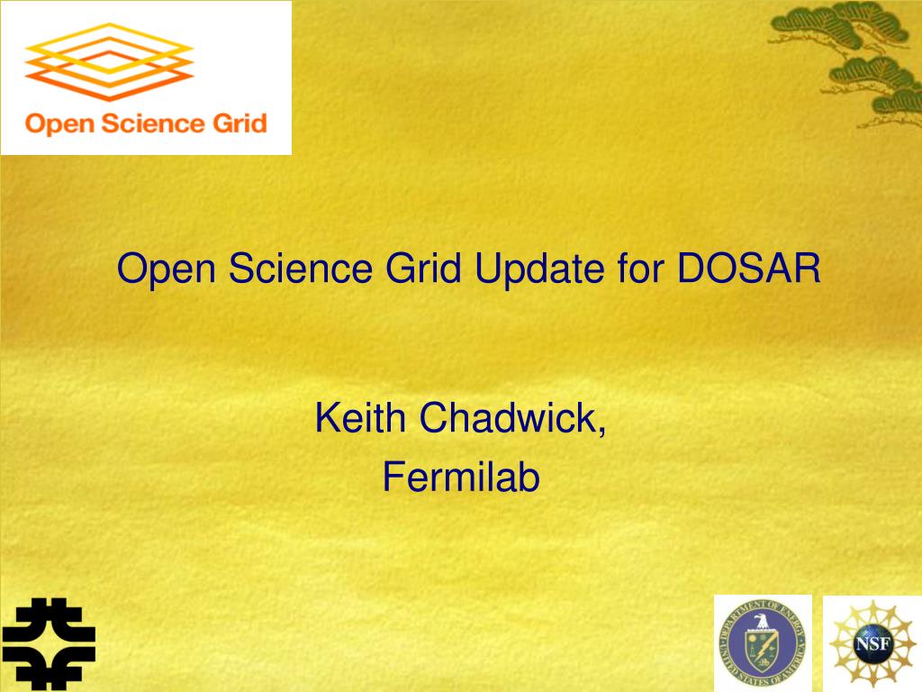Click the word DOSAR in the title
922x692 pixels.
(748, 269)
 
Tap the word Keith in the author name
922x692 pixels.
(360, 418)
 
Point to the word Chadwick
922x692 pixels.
(508, 418)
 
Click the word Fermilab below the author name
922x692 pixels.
(461, 477)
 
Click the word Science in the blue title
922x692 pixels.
(300, 269)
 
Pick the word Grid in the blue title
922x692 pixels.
(423, 269)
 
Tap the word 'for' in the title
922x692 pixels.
(641, 269)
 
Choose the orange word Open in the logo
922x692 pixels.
(59, 124)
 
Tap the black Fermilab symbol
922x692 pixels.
(49, 643)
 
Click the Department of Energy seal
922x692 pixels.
(764, 643)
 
